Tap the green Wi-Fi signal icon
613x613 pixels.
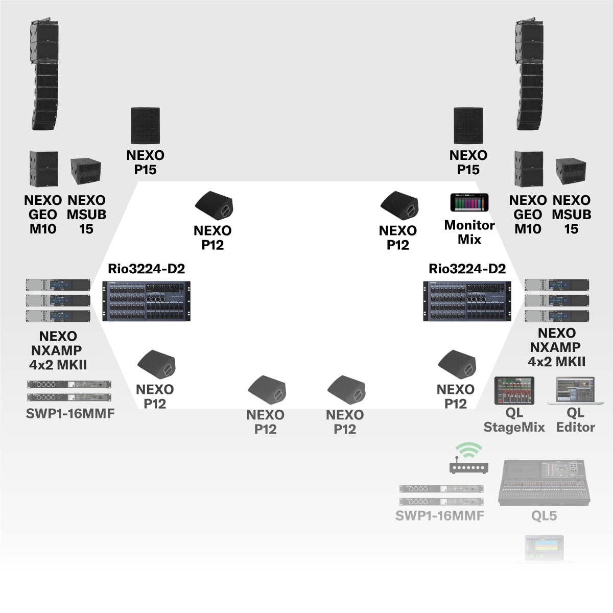[468, 450]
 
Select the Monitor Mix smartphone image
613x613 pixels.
[469, 203]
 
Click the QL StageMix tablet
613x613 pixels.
[514, 391]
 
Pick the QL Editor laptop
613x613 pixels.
[575, 391]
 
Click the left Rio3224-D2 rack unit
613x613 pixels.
[146, 301]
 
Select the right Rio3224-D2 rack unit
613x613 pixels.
[467, 301]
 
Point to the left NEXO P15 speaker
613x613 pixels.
[146, 126]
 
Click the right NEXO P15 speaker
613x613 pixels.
[468, 126]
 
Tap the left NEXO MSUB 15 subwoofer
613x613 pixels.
[85, 172]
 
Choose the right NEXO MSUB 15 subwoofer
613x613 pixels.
[571, 172]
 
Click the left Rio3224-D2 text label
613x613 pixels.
[146, 269]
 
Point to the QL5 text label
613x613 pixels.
[544, 516]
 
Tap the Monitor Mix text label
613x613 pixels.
[469, 232]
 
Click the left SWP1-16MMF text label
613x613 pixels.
[70, 414]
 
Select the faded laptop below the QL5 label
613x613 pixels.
[545, 549]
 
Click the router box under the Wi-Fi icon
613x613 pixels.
[468, 467]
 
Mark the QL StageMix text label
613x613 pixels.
[514, 420]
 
